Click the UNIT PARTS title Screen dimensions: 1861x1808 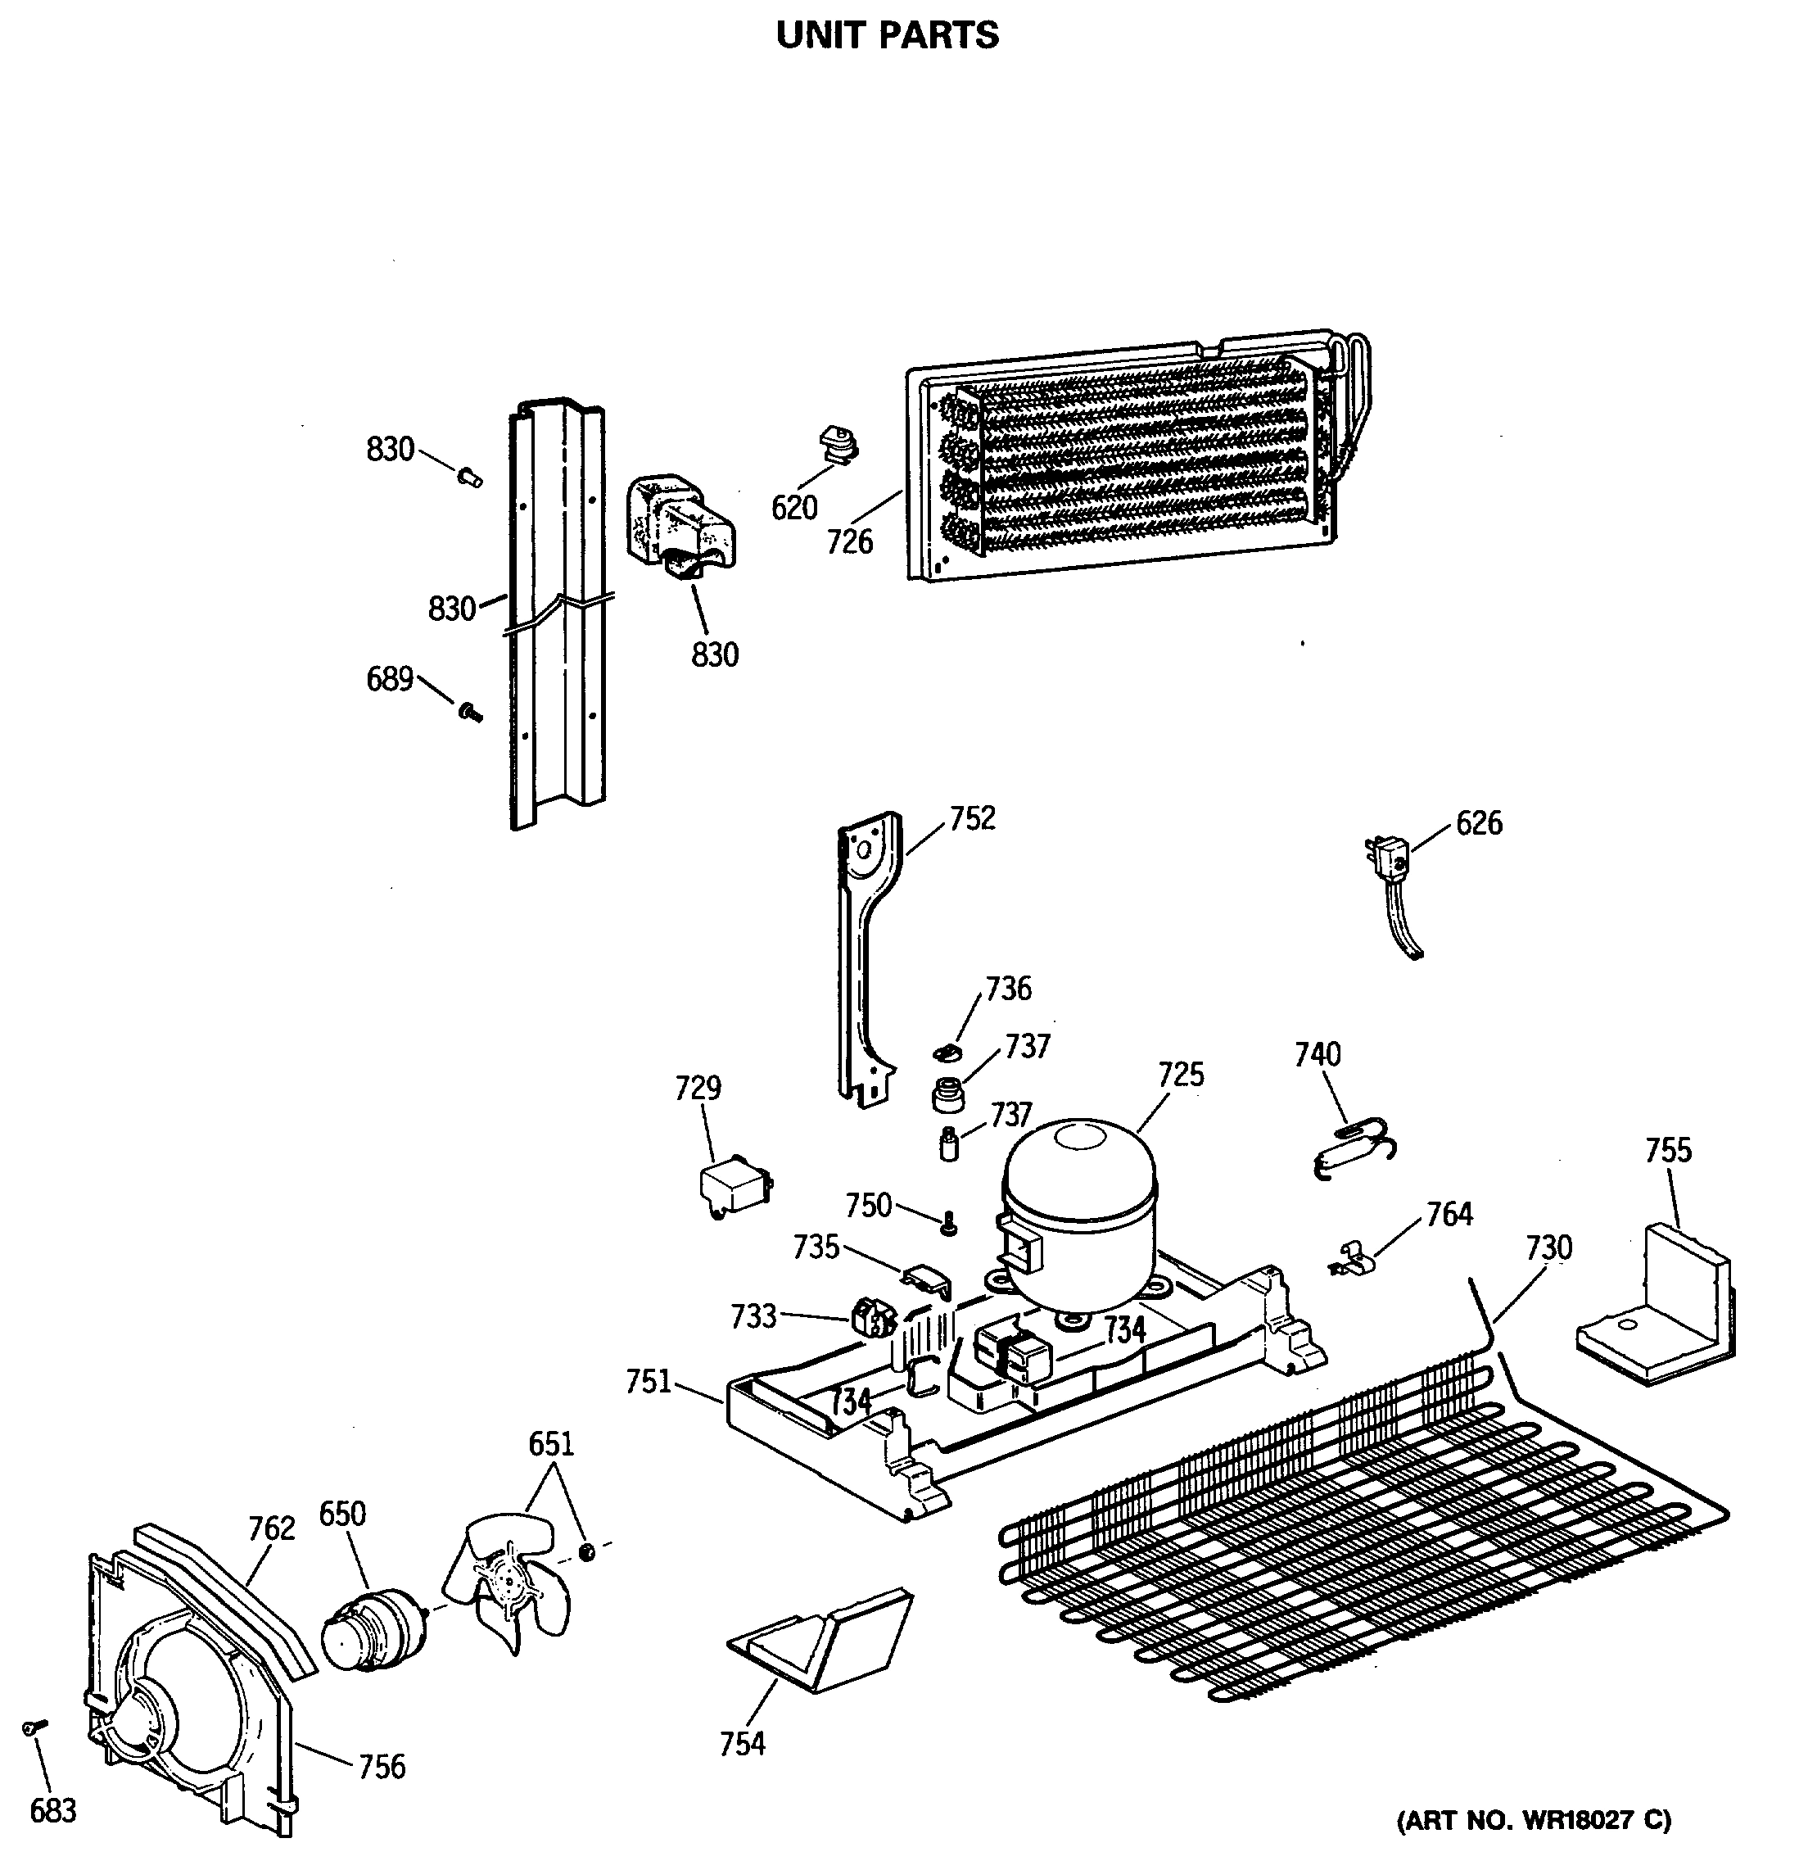point(887,36)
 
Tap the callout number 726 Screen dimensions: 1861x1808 point(849,542)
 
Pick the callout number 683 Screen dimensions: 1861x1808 point(53,1812)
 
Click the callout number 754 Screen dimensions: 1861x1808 point(742,1744)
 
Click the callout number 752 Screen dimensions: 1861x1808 point(972,818)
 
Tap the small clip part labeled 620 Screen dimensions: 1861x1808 point(836,446)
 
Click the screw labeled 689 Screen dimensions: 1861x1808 point(469,711)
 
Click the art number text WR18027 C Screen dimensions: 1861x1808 point(1533,1821)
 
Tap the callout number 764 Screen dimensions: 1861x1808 point(1449,1214)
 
